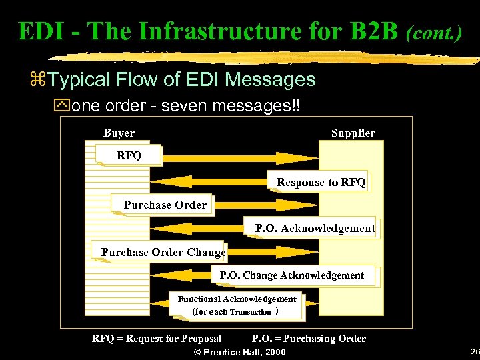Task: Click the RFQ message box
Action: pos(129,155)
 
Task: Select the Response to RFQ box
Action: pos(321,182)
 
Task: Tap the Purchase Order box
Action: pos(165,205)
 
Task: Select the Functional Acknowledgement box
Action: pos(237,305)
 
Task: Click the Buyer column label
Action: pos(119,133)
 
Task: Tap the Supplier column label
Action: pos(353,133)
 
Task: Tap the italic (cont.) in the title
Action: pos(433,32)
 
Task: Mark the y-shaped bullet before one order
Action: pos(63,105)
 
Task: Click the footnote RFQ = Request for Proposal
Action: pos(157,339)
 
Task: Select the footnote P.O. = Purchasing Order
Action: pos(309,339)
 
